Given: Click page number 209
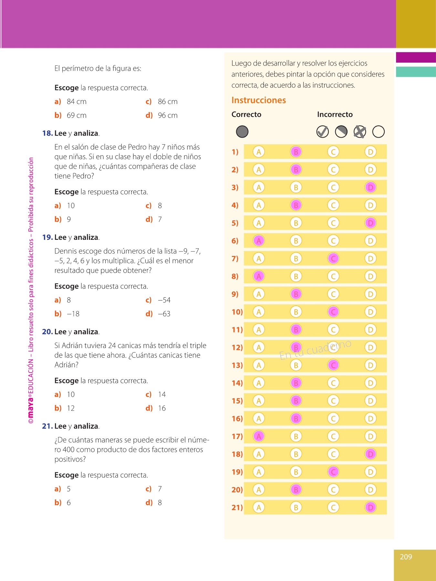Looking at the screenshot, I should tap(406, 557).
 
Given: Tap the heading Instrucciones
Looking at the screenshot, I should tap(259, 100).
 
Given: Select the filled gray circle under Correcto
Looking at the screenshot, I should tap(242, 131).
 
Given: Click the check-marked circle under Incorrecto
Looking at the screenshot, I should tap(322, 131).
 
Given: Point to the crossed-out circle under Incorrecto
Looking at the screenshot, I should tap(360, 131).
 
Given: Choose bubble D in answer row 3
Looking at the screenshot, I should tap(370, 187).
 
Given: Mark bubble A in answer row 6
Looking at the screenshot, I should tap(258, 240).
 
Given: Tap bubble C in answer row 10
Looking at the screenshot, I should tap(333, 312).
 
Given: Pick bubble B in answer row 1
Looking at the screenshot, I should tap(296, 152).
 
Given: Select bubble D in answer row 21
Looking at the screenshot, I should tap(370, 507).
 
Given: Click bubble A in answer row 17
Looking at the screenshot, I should tap(258, 436).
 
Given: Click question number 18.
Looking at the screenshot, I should tap(47, 133).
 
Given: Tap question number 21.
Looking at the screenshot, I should tap(47, 426).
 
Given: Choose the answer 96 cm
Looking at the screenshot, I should tap(168, 115).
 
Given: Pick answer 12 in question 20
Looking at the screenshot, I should tap(71, 408).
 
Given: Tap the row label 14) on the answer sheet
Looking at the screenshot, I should tap(237, 383).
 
